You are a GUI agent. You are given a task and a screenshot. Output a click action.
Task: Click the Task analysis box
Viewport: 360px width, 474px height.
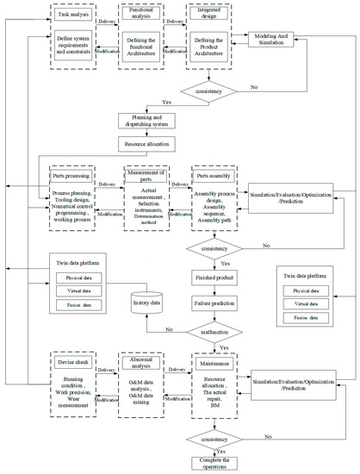coord(74,14)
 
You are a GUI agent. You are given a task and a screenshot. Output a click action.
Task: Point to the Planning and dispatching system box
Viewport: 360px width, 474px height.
coord(152,122)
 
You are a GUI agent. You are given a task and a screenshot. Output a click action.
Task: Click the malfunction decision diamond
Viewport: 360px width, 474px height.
coord(220,329)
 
